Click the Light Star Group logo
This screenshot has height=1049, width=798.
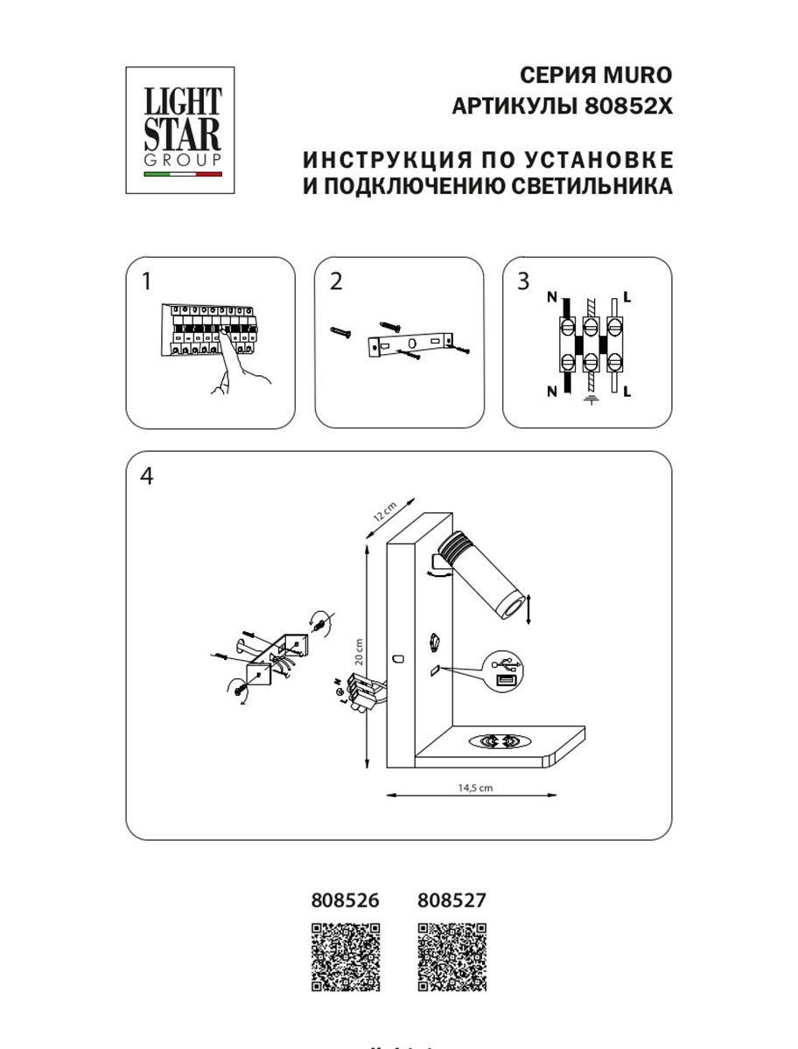point(183,130)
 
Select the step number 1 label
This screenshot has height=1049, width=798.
point(146,281)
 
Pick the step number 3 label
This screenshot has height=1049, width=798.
point(523,281)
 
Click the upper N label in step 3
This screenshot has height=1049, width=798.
point(551,297)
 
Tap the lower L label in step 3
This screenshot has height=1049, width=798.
point(627,392)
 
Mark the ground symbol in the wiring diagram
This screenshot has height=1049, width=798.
point(590,399)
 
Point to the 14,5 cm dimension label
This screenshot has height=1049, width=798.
point(475,787)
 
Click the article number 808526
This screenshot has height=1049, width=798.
point(346,900)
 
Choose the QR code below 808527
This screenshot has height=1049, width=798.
point(451,957)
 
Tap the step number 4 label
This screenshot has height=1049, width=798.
point(146,477)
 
